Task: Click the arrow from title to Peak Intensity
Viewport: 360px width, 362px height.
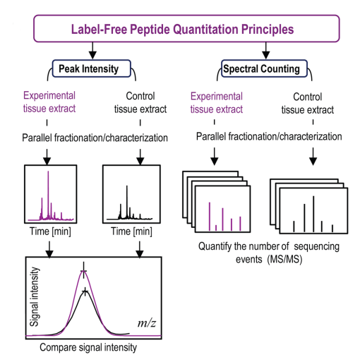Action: coord(92,51)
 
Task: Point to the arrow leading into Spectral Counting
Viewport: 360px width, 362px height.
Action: coord(265,51)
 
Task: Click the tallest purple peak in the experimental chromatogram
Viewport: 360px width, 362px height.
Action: coord(48,195)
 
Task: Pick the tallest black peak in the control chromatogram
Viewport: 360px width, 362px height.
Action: coord(127,203)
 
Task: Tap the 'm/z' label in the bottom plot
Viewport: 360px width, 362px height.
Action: coord(147,323)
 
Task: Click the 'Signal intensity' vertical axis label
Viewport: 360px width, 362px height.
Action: coord(35,296)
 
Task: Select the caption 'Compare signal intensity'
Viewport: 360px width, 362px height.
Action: coord(88,347)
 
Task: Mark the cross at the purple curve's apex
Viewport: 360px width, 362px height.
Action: coord(83,271)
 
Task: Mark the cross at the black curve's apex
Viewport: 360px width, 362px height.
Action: coord(85,292)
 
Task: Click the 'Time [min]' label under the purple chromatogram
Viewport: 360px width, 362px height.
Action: coord(50,231)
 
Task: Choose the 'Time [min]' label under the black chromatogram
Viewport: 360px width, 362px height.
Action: coord(131,231)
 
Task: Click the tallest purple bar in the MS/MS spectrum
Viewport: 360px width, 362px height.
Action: coord(210,217)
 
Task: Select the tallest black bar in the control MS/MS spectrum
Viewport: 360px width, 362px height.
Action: coord(313,214)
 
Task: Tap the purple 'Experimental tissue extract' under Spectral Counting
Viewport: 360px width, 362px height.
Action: coord(217,103)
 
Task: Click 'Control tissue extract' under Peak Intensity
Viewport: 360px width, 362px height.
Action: coord(140,102)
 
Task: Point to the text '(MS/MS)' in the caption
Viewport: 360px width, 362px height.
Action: coord(284,260)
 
